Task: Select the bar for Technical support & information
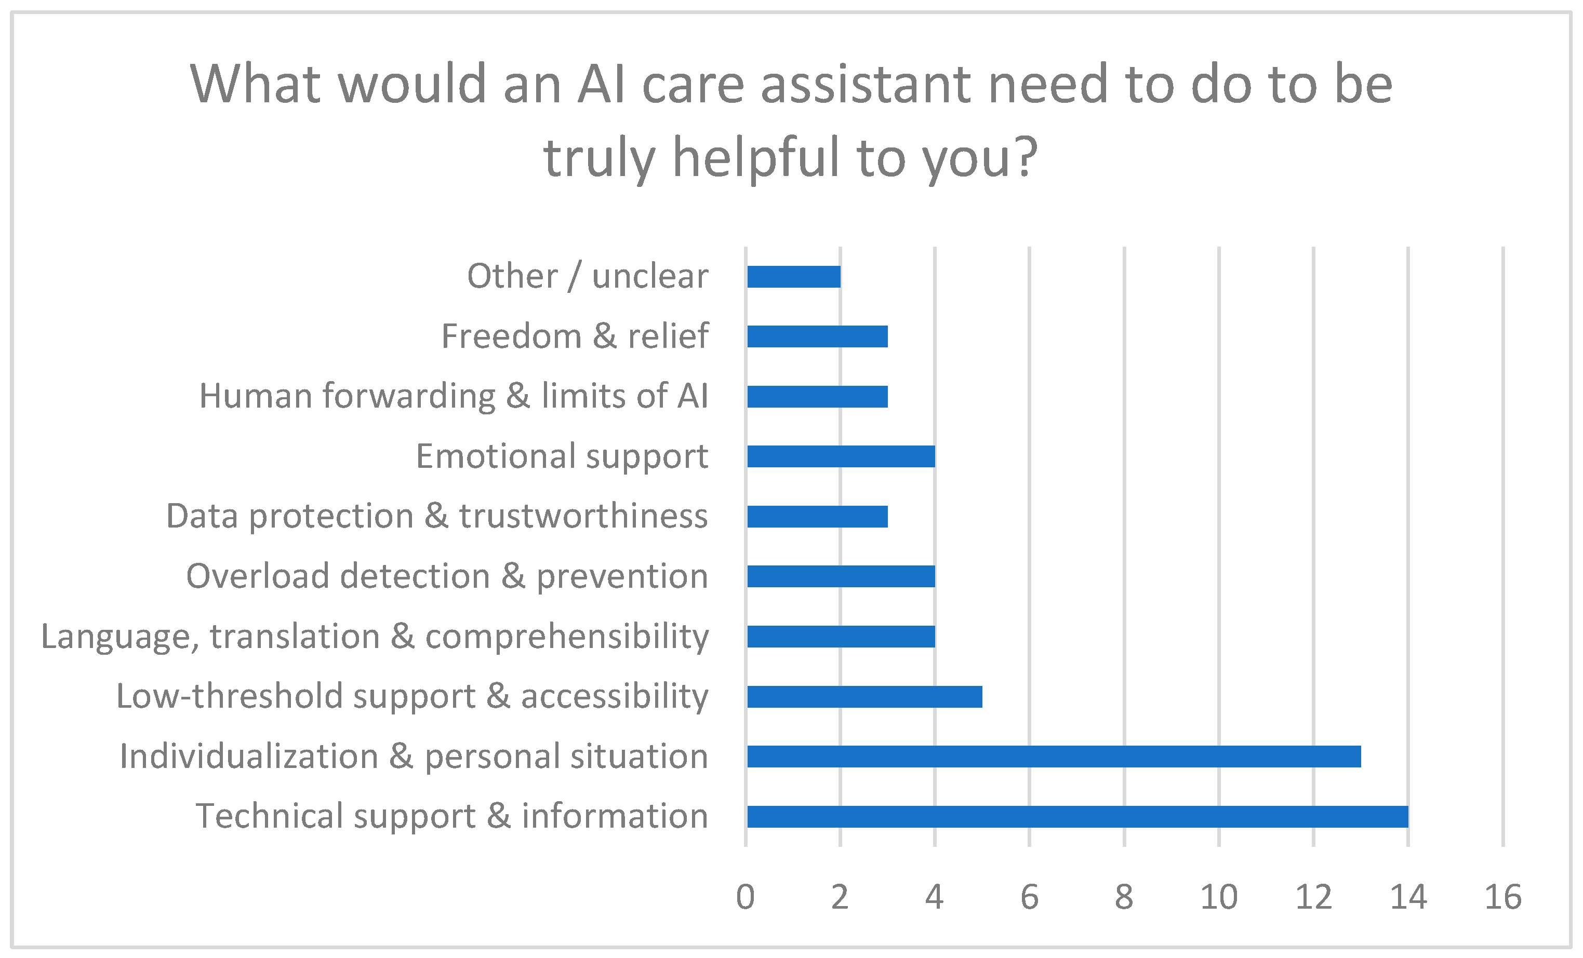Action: [x=1077, y=817]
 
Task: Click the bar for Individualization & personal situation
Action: [x=1054, y=757]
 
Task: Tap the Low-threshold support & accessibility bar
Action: [x=864, y=697]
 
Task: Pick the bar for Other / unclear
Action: [x=793, y=277]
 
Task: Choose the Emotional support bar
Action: [x=841, y=456]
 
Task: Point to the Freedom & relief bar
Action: [x=817, y=336]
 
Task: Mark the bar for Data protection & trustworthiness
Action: [x=817, y=517]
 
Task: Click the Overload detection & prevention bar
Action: [x=841, y=576]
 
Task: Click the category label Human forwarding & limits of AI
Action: [x=454, y=396]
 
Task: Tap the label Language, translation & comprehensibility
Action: [x=375, y=637]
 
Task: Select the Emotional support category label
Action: [x=562, y=457]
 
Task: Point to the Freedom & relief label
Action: [x=575, y=336]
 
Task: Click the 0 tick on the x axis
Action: [x=745, y=897]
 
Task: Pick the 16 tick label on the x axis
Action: [x=1502, y=897]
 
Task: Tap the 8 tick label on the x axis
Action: [x=1124, y=897]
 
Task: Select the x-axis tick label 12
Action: [x=1313, y=897]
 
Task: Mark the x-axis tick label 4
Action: [x=934, y=897]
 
